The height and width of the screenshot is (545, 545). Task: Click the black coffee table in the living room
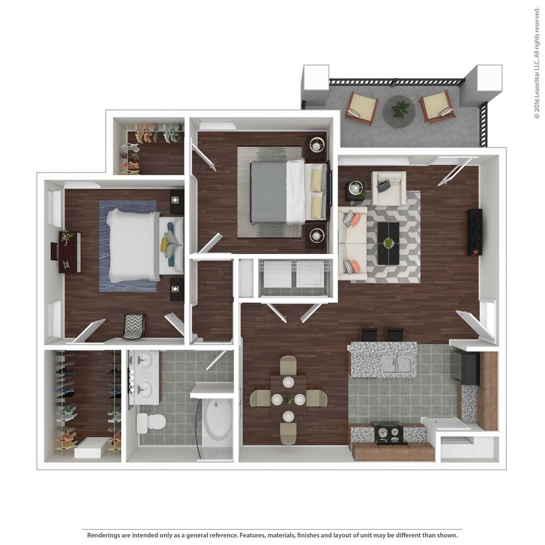pos(389,243)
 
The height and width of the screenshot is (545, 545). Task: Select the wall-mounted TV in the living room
pos(474,232)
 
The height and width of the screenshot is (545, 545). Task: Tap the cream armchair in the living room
pos(388,187)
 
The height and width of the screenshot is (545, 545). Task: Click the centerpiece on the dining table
pos(288,399)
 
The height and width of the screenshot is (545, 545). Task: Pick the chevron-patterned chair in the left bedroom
pos(134,326)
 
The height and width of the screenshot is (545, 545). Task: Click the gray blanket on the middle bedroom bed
pos(268,192)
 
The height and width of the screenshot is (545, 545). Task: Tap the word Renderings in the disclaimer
pos(106,535)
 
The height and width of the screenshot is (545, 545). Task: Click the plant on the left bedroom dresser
pos(67,235)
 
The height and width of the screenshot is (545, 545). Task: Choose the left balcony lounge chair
pos(361,108)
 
